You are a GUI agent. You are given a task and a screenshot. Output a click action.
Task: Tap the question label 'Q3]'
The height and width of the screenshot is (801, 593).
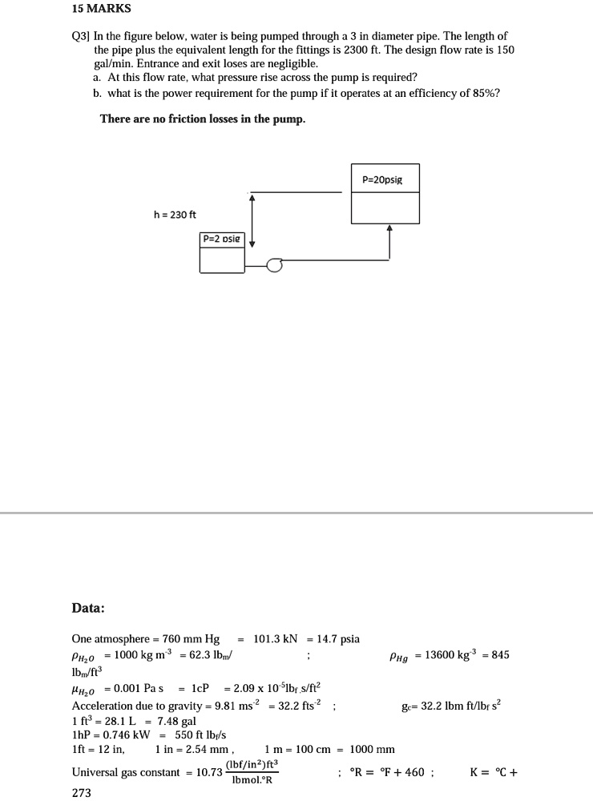(x=81, y=37)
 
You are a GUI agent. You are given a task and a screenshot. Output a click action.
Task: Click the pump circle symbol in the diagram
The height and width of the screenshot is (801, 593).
(x=275, y=265)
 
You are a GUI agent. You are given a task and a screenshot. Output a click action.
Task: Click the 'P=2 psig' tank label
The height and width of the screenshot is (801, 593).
(x=220, y=239)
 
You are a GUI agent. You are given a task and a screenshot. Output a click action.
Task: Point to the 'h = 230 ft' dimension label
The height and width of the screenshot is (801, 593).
(x=175, y=215)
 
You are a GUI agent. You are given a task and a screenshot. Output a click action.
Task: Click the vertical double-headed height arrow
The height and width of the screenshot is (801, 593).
(x=252, y=219)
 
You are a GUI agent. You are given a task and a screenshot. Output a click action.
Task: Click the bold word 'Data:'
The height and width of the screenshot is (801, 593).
(x=88, y=608)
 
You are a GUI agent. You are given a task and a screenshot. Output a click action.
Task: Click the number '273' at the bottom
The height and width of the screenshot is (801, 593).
(x=82, y=793)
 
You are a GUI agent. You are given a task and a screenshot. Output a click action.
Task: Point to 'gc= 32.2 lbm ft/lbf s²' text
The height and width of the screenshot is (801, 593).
(x=450, y=706)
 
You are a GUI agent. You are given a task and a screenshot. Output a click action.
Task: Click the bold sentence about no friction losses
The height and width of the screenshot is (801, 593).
(x=203, y=119)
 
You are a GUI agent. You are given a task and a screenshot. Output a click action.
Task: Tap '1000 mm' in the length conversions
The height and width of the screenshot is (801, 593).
(x=373, y=750)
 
